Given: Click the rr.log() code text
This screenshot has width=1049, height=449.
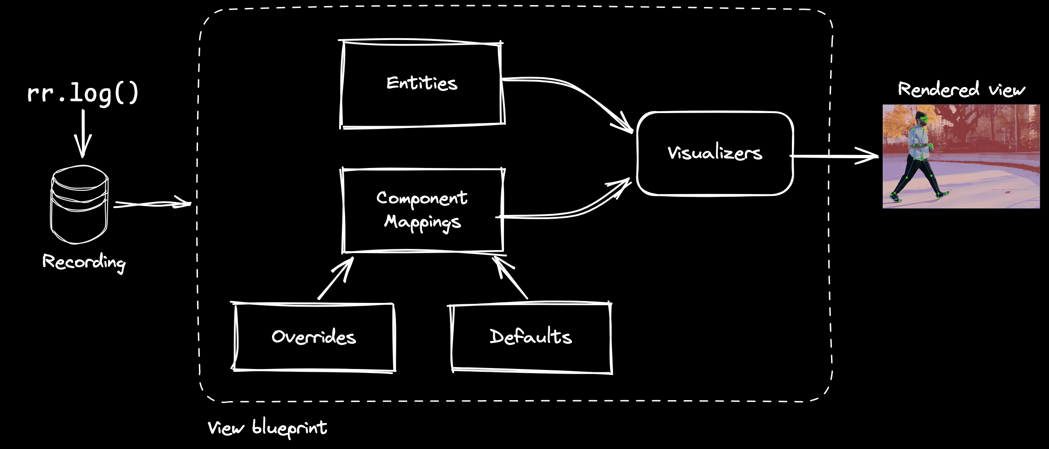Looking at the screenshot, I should (83, 93).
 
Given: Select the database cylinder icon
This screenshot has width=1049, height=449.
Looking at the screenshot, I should (79, 205).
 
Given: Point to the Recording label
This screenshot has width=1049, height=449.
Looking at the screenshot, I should (84, 262).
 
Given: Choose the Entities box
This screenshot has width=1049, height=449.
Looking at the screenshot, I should (422, 84).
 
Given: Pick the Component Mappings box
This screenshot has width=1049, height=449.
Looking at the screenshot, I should (422, 210).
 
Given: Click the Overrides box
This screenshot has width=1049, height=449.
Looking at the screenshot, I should (313, 337).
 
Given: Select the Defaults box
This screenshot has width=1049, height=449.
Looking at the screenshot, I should (531, 337).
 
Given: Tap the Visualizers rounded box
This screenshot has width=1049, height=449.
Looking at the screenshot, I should (715, 153).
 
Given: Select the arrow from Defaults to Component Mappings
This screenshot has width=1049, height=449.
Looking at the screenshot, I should (510, 278).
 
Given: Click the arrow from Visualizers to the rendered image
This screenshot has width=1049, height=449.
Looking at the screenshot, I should (834, 156).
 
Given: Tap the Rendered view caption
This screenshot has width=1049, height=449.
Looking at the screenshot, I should (961, 89).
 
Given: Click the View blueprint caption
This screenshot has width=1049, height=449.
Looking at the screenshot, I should (267, 428).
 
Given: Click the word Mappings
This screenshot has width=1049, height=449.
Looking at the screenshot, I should (422, 222).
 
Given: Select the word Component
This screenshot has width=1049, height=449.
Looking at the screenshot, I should (422, 198).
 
